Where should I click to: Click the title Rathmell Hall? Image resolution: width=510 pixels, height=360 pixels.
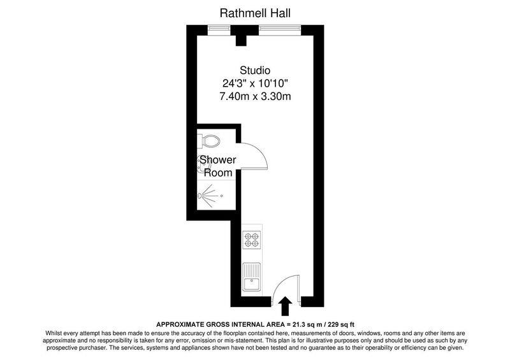click(255, 13)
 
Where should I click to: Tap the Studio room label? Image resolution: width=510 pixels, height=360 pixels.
click(255, 70)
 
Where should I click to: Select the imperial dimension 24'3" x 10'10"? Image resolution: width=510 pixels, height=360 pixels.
click(256, 83)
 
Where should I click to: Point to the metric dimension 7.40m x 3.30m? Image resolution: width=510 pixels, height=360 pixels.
click(256, 97)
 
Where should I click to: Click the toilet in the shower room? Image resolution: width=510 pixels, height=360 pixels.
click(208, 141)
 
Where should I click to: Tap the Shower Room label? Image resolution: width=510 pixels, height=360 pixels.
click(217, 166)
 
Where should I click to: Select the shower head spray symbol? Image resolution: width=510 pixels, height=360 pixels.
click(208, 196)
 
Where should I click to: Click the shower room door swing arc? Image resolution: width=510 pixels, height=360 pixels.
click(259, 153)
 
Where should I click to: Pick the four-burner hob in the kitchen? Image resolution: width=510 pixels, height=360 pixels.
click(252, 240)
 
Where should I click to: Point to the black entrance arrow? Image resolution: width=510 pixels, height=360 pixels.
click(285, 306)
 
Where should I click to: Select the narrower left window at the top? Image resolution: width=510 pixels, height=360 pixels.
click(219, 30)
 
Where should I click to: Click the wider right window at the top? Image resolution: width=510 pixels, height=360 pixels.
click(280, 30)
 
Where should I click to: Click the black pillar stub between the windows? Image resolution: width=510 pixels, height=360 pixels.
click(241, 40)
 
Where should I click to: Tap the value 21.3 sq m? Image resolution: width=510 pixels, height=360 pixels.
click(309, 324)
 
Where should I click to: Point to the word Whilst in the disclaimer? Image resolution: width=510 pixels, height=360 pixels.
click(53, 333)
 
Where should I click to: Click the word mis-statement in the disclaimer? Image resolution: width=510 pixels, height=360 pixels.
click(245, 340)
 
